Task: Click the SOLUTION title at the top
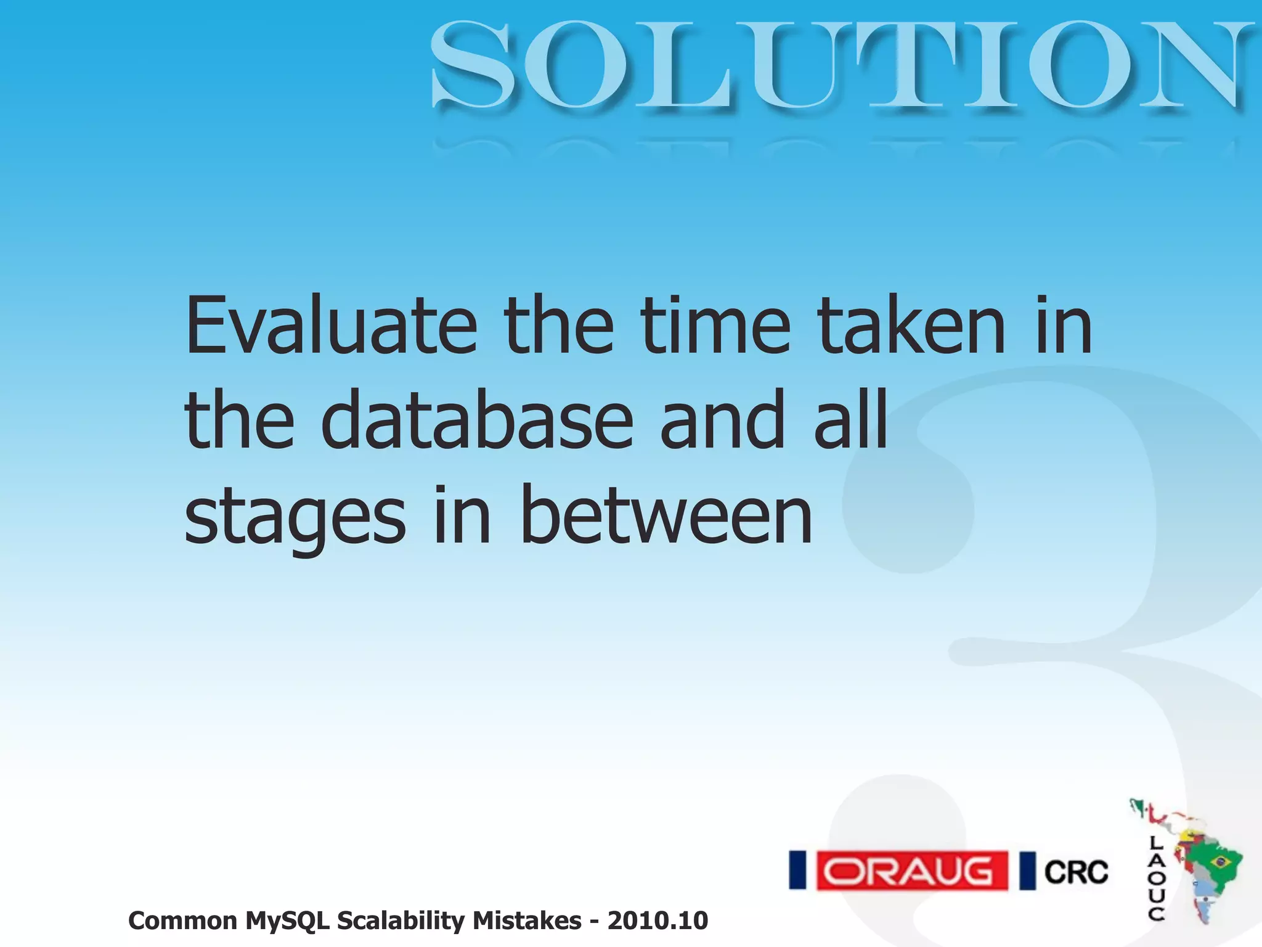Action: [x=841, y=65]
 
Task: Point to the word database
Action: [x=477, y=420]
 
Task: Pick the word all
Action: [x=850, y=420]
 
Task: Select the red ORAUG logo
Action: [x=912, y=871]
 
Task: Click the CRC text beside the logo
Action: [x=1076, y=872]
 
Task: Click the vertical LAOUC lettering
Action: [x=1156, y=878]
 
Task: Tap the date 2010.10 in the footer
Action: [x=657, y=920]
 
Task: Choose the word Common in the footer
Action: [x=182, y=920]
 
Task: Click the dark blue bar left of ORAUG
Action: [x=798, y=871]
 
